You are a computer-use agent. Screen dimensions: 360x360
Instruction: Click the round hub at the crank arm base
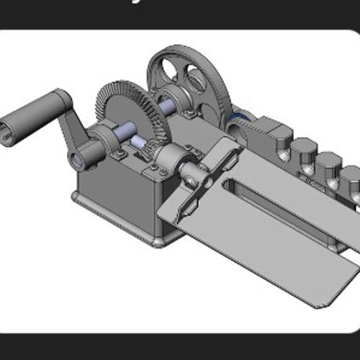pos(86,153)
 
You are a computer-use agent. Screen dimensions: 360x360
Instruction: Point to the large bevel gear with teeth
pos(130,108)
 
